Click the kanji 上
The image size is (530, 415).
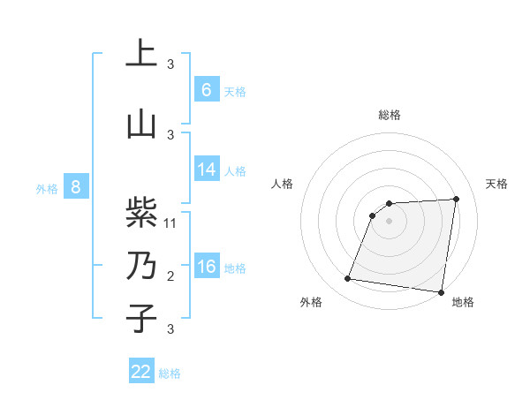[141, 53]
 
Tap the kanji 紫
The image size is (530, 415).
[141, 213]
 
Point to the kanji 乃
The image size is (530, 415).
[141, 266]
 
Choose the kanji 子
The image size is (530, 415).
[141, 318]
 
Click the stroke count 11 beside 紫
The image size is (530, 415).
[170, 223]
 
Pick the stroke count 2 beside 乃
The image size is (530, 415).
[170, 276]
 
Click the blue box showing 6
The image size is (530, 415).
[207, 90]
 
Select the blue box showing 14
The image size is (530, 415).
[207, 170]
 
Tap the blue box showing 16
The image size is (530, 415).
[207, 267]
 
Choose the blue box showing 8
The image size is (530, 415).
[76, 187]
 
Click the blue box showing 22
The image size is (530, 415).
[141, 372]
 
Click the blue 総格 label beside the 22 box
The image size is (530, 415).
[170, 373]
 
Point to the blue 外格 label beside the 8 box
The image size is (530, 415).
[47, 188]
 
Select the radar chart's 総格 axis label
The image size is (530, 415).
[390, 115]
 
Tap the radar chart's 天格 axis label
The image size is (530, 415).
[497, 184]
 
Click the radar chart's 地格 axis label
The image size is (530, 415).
[463, 302]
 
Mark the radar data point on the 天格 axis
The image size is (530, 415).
[456, 199]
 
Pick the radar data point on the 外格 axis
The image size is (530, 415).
[348, 279]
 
